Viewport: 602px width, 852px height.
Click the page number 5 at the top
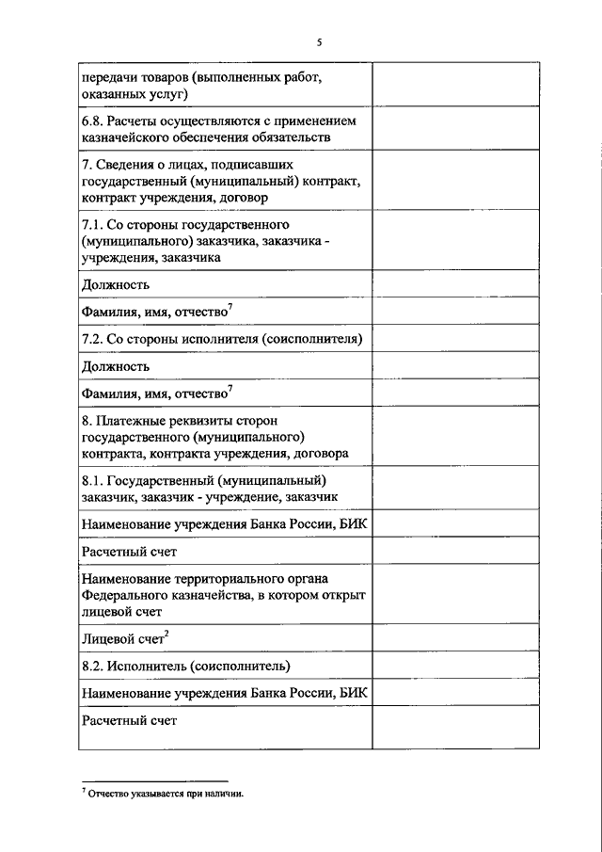[319, 42]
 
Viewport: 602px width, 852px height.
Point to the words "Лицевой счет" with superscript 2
[122, 638]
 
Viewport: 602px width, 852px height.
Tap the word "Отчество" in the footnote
[113, 794]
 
